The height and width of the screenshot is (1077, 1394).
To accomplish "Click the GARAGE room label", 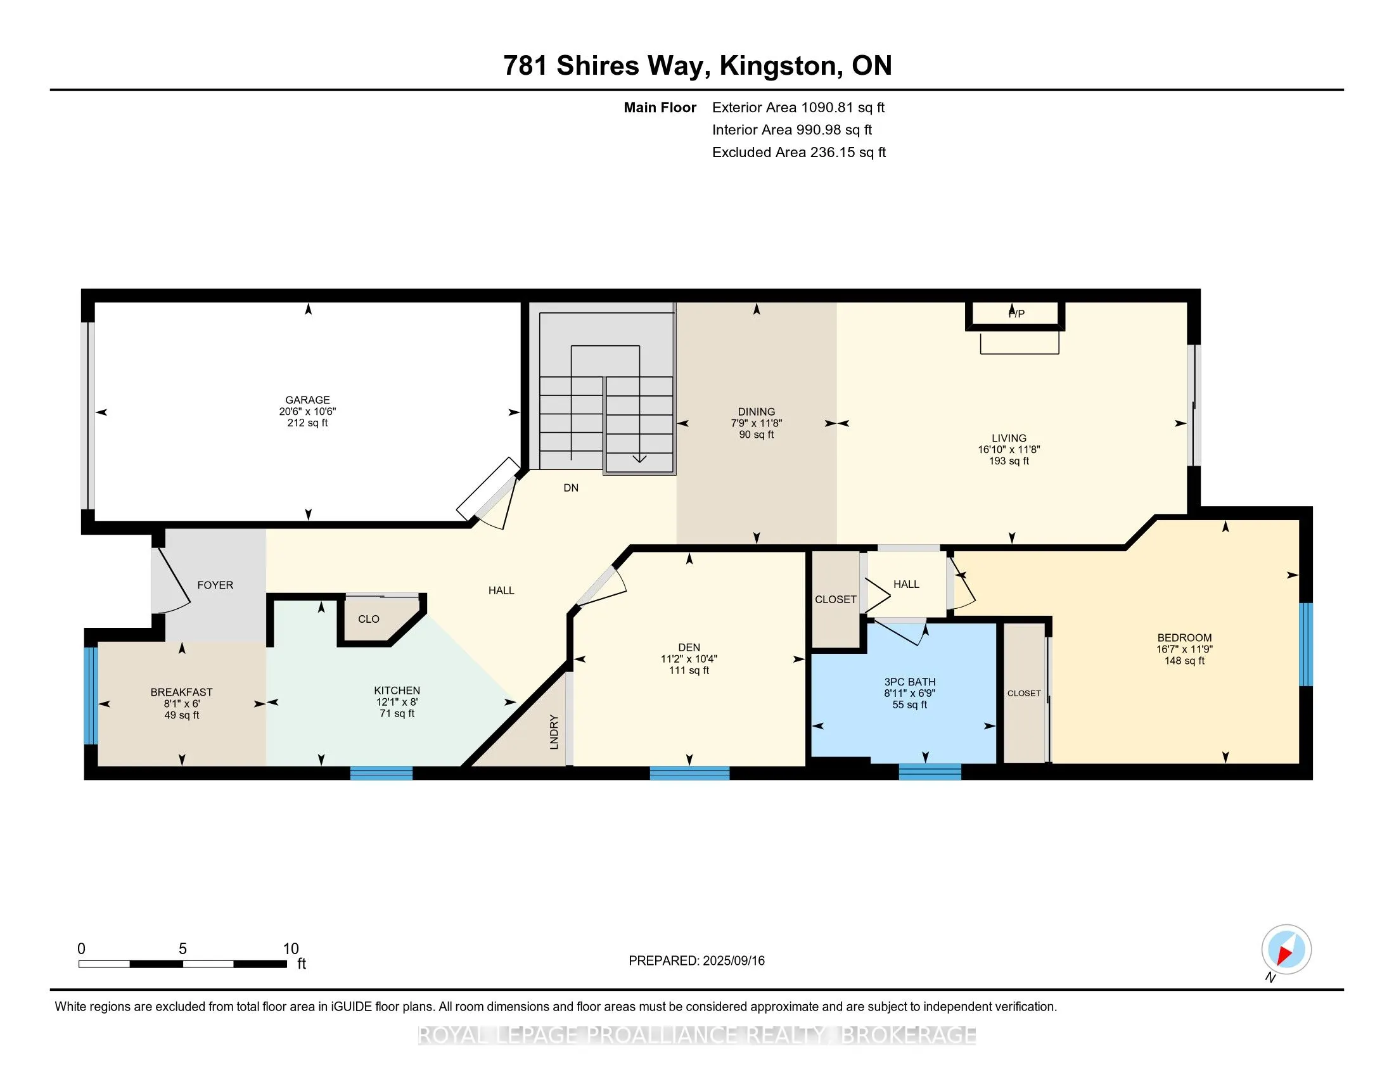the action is pyautogui.click(x=308, y=400).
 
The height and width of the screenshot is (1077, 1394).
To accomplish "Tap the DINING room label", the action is pyautogui.click(x=757, y=412).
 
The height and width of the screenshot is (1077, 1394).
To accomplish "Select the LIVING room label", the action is pyautogui.click(x=1009, y=438).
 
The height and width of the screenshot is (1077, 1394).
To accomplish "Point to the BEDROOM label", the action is pyautogui.click(x=1185, y=637).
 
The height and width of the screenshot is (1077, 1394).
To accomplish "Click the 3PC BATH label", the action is pyautogui.click(x=909, y=682).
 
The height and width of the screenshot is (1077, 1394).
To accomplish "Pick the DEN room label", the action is pyautogui.click(x=689, y=647).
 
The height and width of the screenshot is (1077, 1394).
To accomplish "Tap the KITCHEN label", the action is pyautogui.click(x=397, y=691).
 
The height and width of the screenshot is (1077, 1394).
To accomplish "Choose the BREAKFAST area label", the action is pyautogui.click(x=182, y=692).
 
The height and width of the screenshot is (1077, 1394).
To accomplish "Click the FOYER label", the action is pyautogui.click(x=215, y=585).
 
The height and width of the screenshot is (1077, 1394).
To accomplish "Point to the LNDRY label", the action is pyautogui.click(x=554, y=732).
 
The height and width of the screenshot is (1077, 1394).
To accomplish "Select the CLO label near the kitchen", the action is pyautogui.click(x=369, y=619).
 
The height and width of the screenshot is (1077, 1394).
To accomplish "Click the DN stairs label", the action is pyautogui.click(x=572, y=487).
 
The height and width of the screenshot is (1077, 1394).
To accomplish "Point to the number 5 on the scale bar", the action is pyautogui.click(x=182, y=949).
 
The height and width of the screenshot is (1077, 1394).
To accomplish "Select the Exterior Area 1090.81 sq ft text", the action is pyautogui.click(x=798, y=107).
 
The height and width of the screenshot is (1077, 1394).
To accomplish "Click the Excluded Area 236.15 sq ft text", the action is pyautogui.click(x=799, y=152).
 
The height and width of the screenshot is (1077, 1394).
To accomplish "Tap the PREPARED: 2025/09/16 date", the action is pyautogui.click(x=696, y=961).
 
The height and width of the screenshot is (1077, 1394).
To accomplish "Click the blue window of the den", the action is pyautogui.click(x=689, y=773).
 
